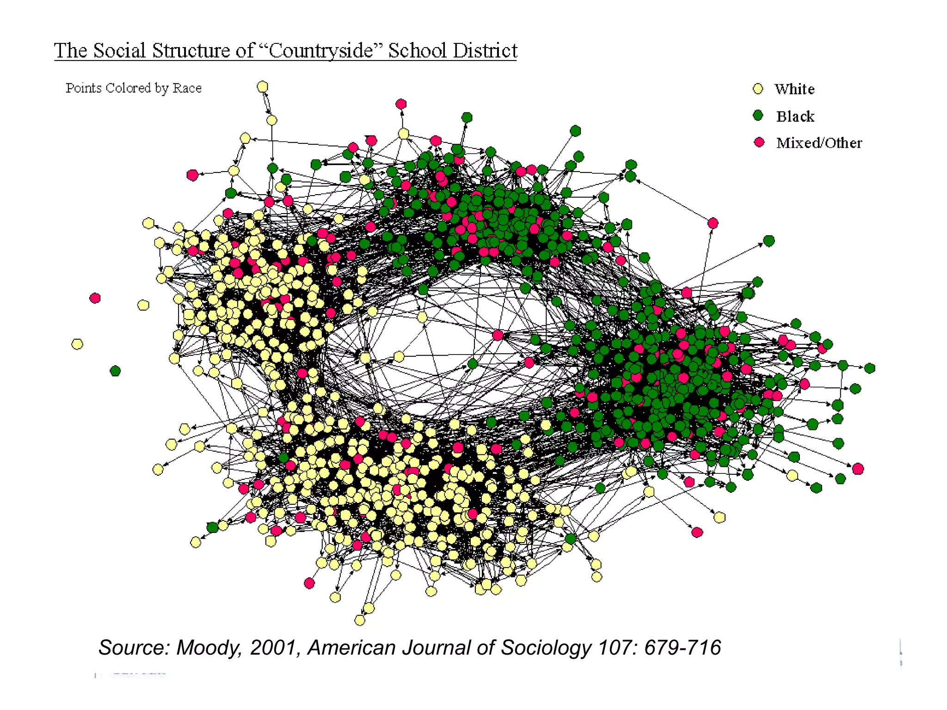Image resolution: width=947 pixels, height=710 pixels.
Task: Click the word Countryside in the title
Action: pos(321,50)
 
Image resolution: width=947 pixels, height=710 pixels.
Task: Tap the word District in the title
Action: pos(485,50)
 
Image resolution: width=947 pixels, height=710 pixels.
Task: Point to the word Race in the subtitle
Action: pos(187,88)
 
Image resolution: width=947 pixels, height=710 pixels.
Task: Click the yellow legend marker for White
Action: pos(758,89)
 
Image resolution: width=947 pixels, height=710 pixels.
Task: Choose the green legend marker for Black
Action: pos(758,115)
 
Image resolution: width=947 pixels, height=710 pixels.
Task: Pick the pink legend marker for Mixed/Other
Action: pos(759,142)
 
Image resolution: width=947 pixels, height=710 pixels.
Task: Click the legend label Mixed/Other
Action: pos(819,143)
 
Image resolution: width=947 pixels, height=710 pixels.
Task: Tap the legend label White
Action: pos(794,89)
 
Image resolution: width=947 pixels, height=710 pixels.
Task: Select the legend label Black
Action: pos(795,116)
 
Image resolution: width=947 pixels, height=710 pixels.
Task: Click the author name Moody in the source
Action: pos(209,648)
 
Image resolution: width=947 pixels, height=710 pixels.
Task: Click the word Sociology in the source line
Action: pos(546,648)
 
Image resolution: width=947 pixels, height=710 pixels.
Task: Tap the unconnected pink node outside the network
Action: pos(95,298)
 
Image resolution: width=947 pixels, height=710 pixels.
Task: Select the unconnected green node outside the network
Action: pos(115,371)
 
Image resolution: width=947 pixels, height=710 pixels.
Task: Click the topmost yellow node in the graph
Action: pos(262,86)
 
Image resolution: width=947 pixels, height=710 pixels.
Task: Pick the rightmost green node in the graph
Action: pos(870,368)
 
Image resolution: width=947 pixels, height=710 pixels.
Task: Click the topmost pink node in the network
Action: pos(401,104)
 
